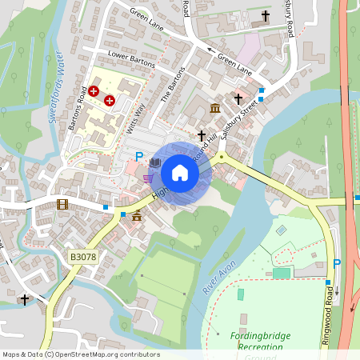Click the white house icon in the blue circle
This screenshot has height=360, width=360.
tap(180, 172)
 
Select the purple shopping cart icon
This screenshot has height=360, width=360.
tap(148, 178)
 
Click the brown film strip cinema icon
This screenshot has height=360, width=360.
tap(63, 204)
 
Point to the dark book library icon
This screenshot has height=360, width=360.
tap(155, 163)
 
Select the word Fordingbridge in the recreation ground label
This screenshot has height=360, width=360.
tap(261, 336)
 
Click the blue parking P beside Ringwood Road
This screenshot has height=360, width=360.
tap(337, 263)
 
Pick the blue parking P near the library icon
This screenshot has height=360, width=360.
tap(138, 158)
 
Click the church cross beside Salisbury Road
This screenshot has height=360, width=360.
tap(266, 16)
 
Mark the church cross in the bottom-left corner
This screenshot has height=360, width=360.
tap(25, 300)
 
